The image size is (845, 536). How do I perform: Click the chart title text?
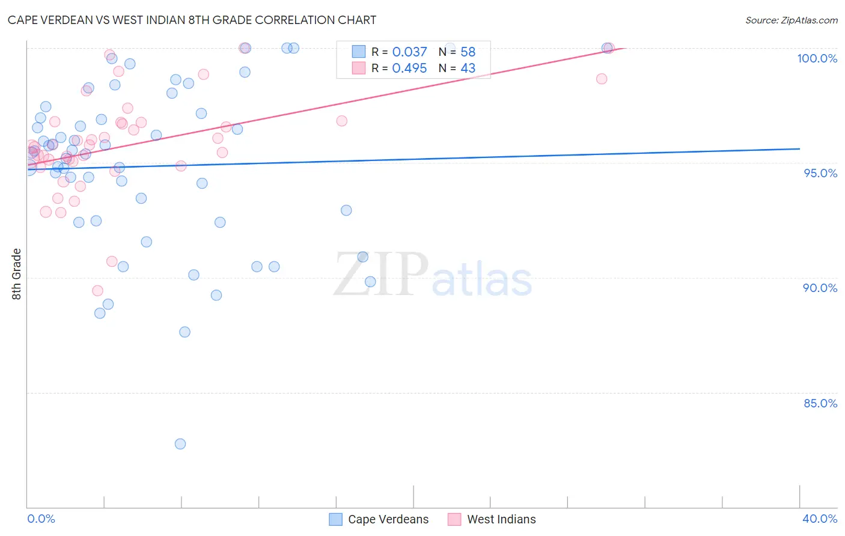point(192,20)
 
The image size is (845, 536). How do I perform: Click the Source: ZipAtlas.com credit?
point(791,20)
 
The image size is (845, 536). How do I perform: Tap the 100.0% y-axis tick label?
point(817,58)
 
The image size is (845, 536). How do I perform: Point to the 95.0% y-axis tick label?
point(820,173)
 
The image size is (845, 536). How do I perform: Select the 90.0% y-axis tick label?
point(820,288)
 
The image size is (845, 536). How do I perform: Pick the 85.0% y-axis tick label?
point(820,403)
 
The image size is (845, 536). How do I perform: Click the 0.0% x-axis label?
point(41,519)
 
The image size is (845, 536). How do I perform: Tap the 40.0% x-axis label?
point(819,519)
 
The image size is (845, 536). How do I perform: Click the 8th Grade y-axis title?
point(16,274)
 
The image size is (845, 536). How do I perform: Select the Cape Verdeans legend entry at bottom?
point(379,519)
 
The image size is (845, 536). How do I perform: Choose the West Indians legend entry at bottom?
point(492,519)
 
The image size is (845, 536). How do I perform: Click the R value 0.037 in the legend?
point(409,52)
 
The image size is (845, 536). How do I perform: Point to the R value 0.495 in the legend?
point(409,69)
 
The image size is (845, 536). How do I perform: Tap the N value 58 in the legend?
point(468,52)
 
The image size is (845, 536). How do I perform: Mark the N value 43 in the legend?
point(468,69)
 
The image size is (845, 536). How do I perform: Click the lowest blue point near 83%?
point(180,444)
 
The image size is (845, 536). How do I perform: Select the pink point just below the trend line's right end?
point(602,79)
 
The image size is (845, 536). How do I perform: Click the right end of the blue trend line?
point(799,148)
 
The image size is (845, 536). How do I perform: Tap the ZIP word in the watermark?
point(381,275)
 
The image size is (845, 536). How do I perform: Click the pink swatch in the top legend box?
point(359,68)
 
